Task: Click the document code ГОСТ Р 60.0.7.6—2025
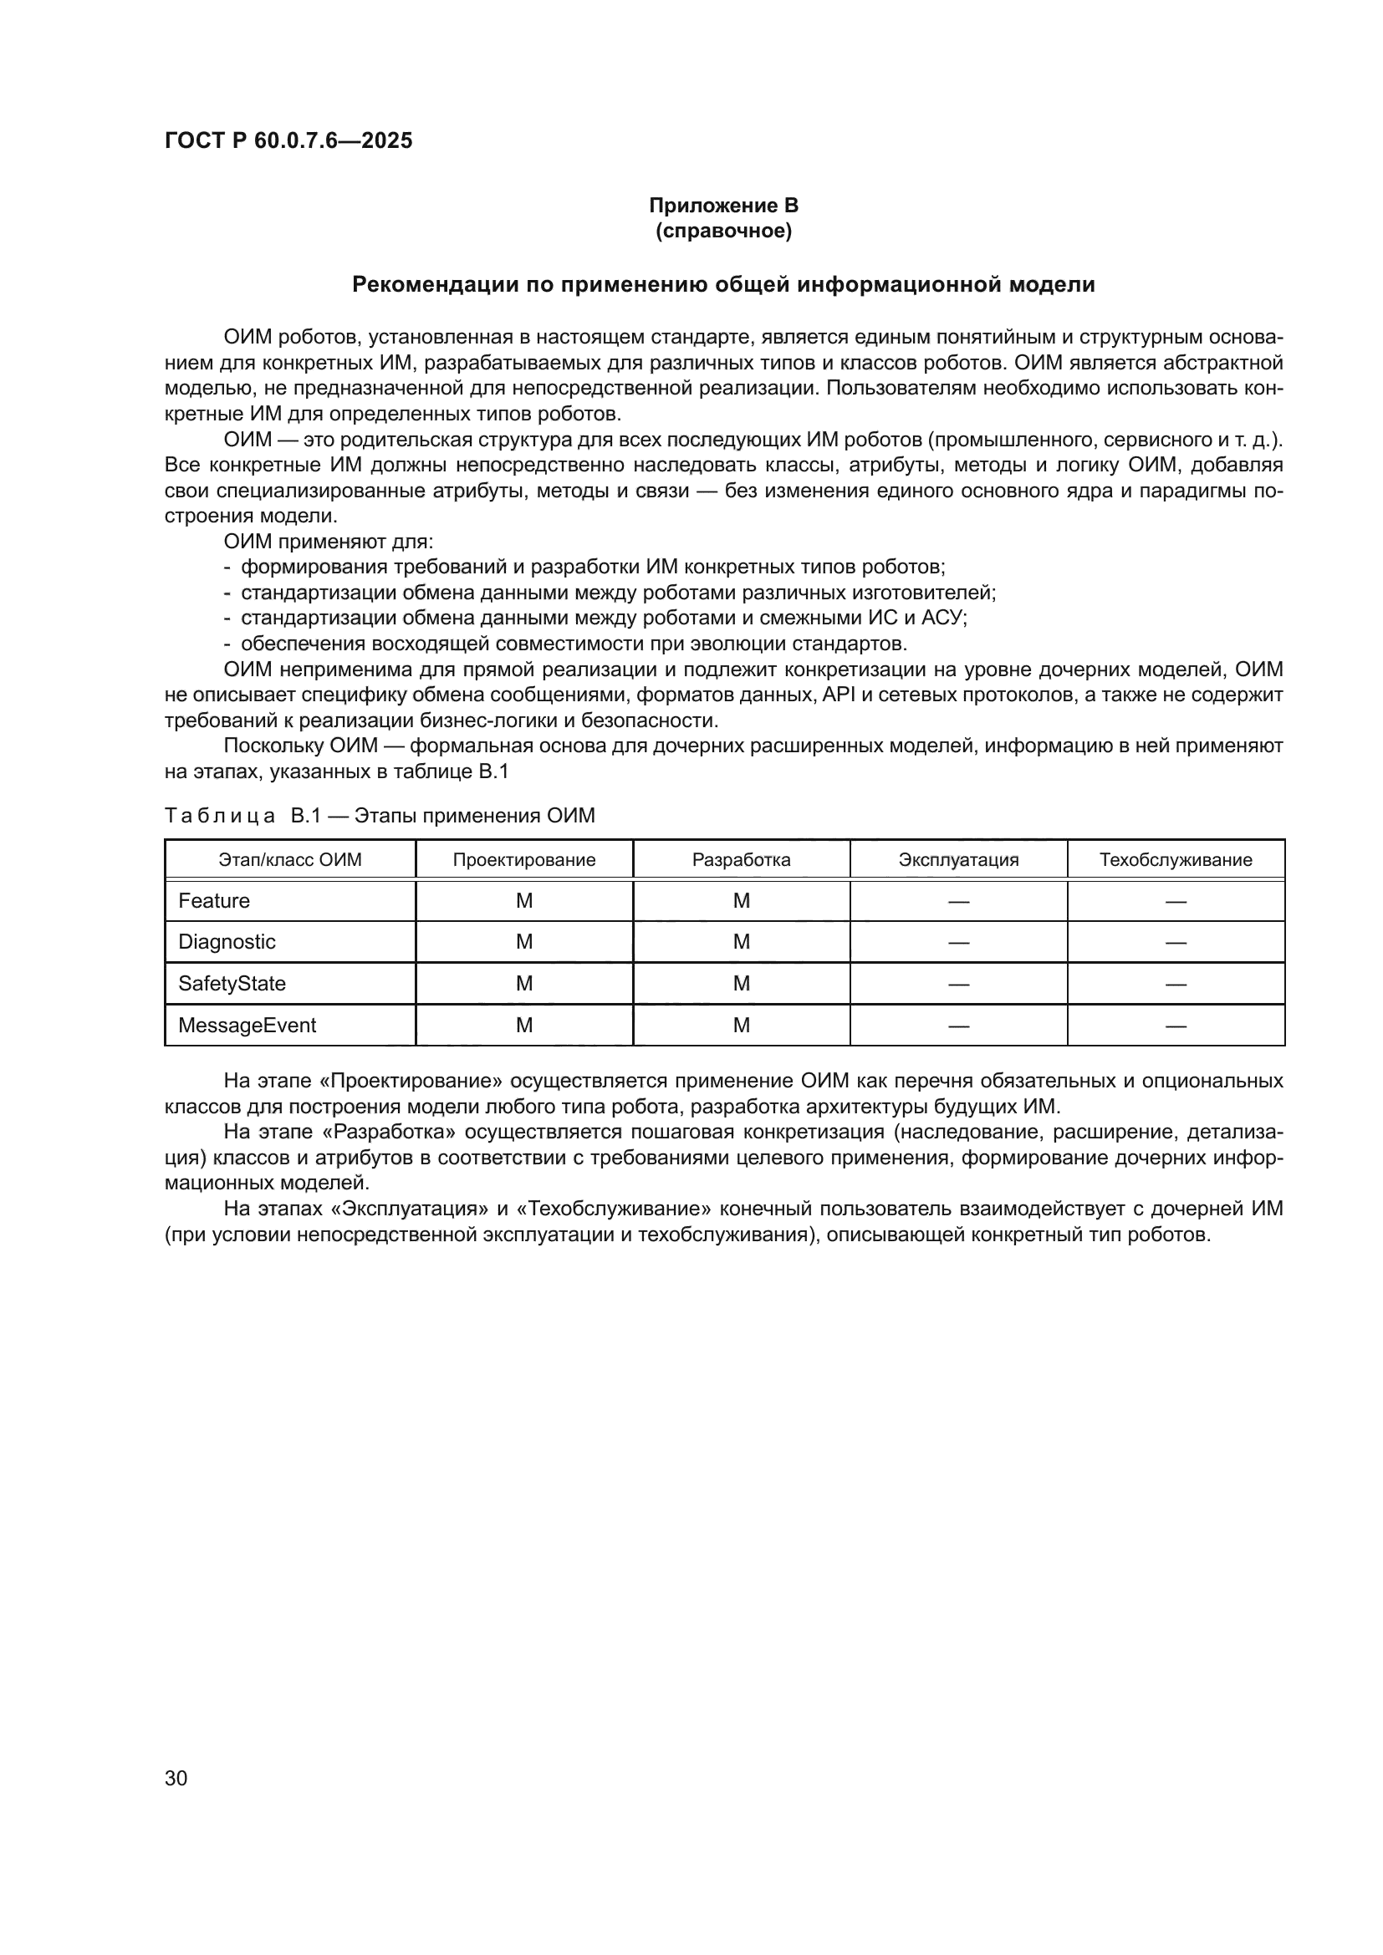(x=288, y=140)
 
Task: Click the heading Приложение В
(x=723, y=206)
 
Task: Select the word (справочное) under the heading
(x=723, y=231)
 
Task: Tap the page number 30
(x=176, y=1778)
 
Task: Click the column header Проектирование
(x=523, y=859)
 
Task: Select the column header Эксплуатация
(x=958, y=859)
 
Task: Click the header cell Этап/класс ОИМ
(x=289, y=859)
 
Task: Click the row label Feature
(x=214, y=901)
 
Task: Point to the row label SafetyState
(x=232, y=984)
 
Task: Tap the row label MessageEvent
(x=247, y=1026)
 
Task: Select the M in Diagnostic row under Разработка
(x=741, y=942)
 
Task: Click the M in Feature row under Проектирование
(x=523, y=901)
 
